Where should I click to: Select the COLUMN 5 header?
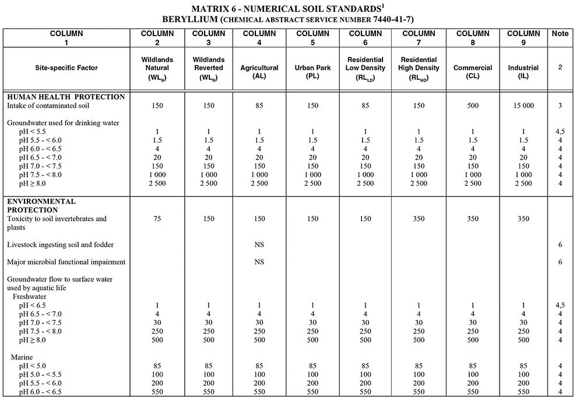pyautogui.click(x=312, y=38)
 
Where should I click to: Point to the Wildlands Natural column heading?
pyautogui.click(x=157, y=68)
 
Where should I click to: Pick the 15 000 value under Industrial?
pyautogui.click(x=524, y=106)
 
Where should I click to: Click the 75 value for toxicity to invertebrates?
pyautogui.click(x=157, y=219)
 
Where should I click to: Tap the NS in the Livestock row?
pyautogui.click(x=259, y=245)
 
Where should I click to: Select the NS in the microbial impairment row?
pyautogui.click(x=259, y=262)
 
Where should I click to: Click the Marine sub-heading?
pyautogui.click(x=24, y=357)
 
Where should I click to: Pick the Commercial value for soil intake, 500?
pyautogui.click(x=473, y=106)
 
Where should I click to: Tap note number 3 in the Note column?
pyautogui.click(x=560, y=106)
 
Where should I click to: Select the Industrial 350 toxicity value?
pyautogui.click(x=524, y=219)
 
